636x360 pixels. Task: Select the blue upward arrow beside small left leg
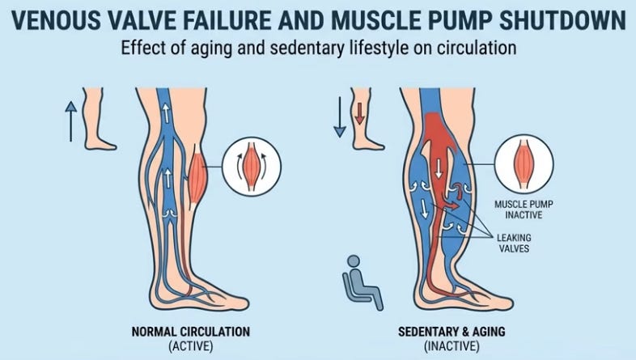(x=71, y=120)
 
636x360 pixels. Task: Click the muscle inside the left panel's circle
(x=253, y=164)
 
